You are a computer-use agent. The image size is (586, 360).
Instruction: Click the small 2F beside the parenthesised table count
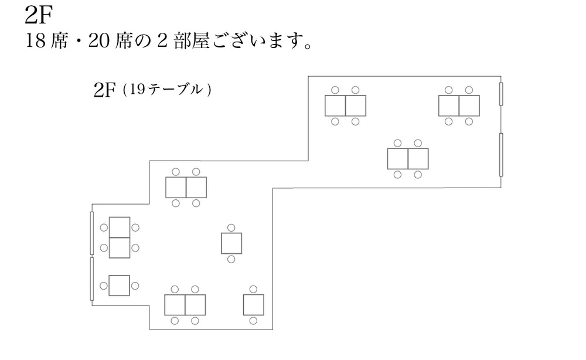click(x=105, y=91)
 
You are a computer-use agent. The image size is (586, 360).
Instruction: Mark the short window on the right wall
click(x=501, y=94)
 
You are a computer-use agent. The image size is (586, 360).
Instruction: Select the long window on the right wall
click(x=501, y=155)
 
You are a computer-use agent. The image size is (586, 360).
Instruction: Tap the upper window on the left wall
click(x=92, y=233)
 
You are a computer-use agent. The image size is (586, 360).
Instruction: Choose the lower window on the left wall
click(x=92, y=279)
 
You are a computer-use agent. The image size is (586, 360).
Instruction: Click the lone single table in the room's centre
click(x=231, y=243)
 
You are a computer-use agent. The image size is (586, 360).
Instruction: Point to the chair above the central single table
click(x=231, y=227)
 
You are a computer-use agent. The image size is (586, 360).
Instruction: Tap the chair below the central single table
click(x=231, y=259)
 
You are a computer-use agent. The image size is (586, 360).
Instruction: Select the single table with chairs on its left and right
click(x=120, y=286)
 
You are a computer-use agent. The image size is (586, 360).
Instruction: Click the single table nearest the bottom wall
click(x=254, y=305)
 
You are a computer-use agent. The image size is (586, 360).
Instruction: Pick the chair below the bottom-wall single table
click(x=253, y=321)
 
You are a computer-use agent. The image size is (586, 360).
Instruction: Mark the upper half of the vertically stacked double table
click(x=120, y=227)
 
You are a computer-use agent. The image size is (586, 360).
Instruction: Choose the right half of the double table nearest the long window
click(x=418, y=158)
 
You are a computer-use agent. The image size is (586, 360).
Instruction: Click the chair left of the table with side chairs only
click(x=104, y=286)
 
